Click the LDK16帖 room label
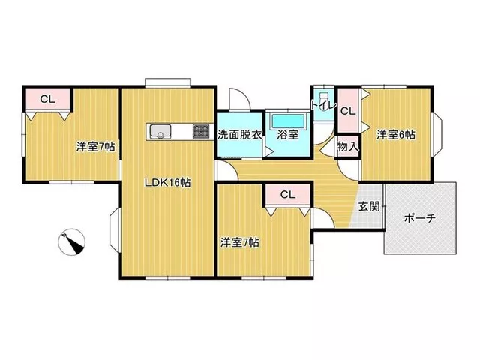click(x=167, y=183)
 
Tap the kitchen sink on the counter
click(x=160, y=132)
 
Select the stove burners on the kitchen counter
click(x=201, y=132)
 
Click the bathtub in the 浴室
click(x=289, y=121)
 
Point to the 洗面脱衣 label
click(x=240, y=135)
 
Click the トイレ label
click(x=323, y=105)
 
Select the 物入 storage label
click(x=348, y=147)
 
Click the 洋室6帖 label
click(x=396, y=135)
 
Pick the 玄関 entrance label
click(x=369, y=207)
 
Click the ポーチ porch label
click(x=420, y=218)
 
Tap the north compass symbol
click(x=72, y=241)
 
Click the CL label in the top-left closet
click(x=48, y=99)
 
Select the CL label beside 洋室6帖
click(x=348, y=111)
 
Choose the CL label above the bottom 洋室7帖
click(x=288, y=195)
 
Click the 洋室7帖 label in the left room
click(x=95, y=147)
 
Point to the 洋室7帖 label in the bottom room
click(x=240, y=243)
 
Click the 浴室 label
click(x=288, y=135)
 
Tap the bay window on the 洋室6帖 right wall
click(x=437, y=134)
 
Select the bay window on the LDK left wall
click(x=115, y=230)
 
